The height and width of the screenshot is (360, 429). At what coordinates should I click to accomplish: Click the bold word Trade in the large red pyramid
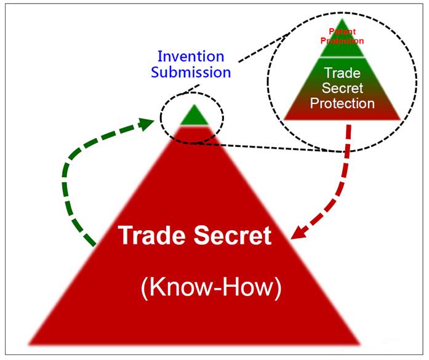pyautogui.click(x=153, y=235)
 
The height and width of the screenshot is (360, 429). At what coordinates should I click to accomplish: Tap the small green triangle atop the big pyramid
pyautogui.click(x=193, y=116)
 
